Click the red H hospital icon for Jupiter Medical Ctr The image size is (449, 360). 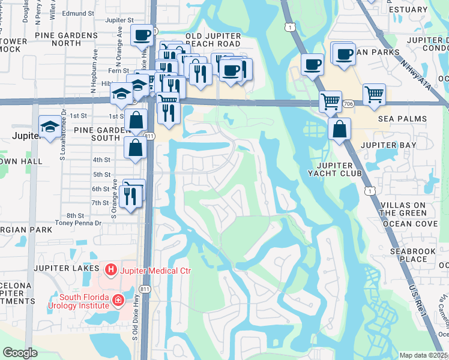click(x=110, y=271)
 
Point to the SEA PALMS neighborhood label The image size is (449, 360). click(x=402, y=119)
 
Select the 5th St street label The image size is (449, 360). click(x=102, y=175)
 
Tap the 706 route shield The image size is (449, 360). click(x=348, y=104)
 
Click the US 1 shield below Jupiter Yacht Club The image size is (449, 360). click(x=370, y=191)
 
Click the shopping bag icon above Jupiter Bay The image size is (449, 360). click(x=340, y=129)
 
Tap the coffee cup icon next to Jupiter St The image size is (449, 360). click(x=142, y=35)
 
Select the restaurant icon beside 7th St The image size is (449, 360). click(x=130, y=196)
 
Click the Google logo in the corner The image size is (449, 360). click(x=20, y=353)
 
